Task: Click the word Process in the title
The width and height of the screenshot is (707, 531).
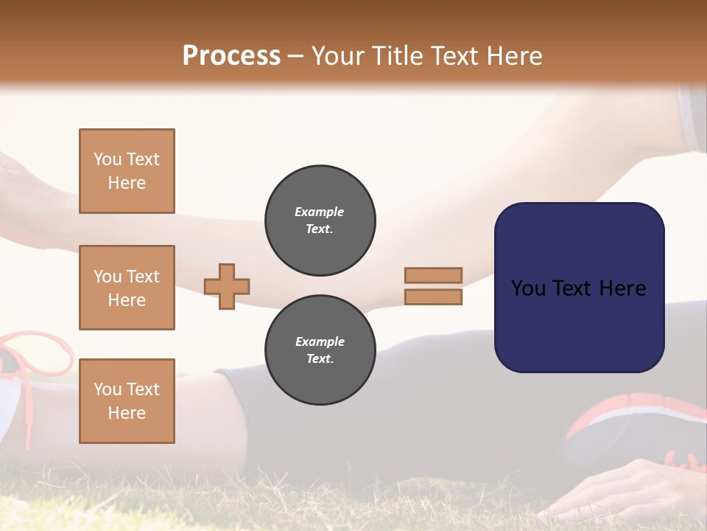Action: coord(231,56)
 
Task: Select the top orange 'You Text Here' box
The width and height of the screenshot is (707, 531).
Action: coord(127,171)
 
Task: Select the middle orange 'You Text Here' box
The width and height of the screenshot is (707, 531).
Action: coord(127,288)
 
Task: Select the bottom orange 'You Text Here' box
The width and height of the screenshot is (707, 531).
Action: coord(127,400)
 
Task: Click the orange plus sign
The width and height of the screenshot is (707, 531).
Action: coord(227,286)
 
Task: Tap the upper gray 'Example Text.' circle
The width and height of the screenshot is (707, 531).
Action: coord(320,221)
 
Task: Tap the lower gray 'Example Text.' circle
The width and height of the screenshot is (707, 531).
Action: coord(320,350)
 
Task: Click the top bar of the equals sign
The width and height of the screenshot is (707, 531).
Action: coord(433,275)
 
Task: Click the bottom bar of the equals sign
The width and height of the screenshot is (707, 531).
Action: coord(433,296)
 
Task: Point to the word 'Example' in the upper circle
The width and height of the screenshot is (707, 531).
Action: coord(320,212)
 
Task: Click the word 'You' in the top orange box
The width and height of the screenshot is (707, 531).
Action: coord(108,159)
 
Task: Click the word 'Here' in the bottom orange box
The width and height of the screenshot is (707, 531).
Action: coord(127,413)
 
